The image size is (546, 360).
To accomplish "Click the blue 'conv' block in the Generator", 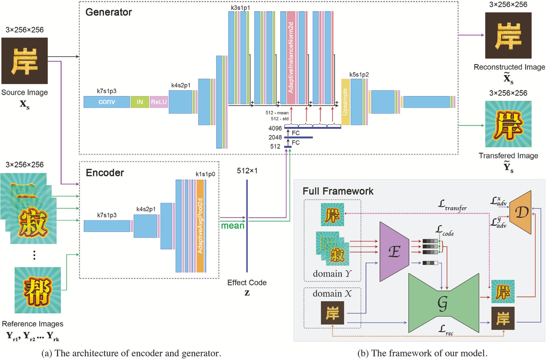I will (x=107, y=102).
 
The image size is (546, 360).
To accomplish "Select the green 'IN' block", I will (x=140, y=102).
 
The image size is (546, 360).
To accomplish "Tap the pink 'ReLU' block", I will (x=159, y=102).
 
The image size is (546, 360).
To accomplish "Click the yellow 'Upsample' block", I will (x=345, y=102).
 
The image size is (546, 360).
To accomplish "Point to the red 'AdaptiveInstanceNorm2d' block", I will (x=291, y=57).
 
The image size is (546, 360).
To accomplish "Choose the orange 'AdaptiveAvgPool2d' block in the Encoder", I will (x=200, y=226).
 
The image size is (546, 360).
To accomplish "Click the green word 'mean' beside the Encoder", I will (x=233, y=226).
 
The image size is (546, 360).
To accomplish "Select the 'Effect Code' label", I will (x=247, y=282).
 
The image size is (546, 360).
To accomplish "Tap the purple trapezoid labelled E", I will (x=394, y=251).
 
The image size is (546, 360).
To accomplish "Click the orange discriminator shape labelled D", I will (x=521, y=212).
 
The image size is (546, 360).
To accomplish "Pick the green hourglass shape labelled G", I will (x=443, y=303).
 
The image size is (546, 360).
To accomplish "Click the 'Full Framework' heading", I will (x=338, y=191).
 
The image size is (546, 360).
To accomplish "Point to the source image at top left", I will (x=25, y=61).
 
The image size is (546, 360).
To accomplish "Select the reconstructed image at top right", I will (x=508, y=35).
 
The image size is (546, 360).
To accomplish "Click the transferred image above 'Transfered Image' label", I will (x=508, y=124).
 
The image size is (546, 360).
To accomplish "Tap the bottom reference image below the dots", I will (x=37, y=290).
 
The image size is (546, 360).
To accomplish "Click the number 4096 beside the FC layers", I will (x=275, y=128).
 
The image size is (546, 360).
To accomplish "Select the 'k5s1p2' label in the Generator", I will (x=359, y=74).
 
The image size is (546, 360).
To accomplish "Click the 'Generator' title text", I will (x=108, y=12).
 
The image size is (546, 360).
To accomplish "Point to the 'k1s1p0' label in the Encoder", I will (x=205, y=174).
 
